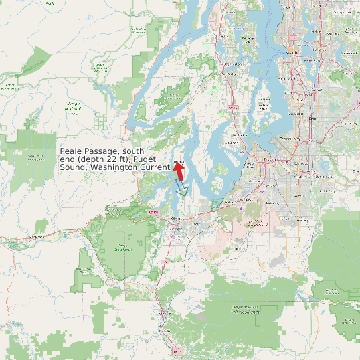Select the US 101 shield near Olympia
pyautogui.click(x=154, y=212)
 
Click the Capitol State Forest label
pyautogui.click(x=122, y=250)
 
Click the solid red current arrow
pyautogui.click(x=179, y=170)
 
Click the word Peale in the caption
pyautogui.click(x=73, y=152)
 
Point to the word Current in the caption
pyautogui.click(x=153, y=167)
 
